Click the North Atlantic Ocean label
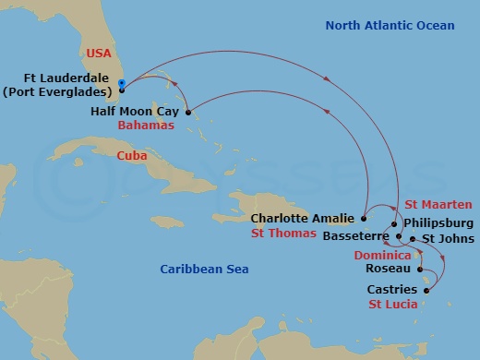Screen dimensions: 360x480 [x=390, y=25]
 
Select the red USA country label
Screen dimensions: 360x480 [x=98, y=54]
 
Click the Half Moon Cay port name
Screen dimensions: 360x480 [x=135, y=111]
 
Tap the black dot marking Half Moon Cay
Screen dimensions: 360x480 [x=188, y=114]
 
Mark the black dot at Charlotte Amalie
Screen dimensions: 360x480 [x=364, y=219]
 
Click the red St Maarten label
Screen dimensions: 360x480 [x=439, y=204]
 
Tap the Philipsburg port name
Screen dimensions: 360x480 [x=439, y=223]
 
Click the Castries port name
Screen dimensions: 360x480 [x=392, y=289]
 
